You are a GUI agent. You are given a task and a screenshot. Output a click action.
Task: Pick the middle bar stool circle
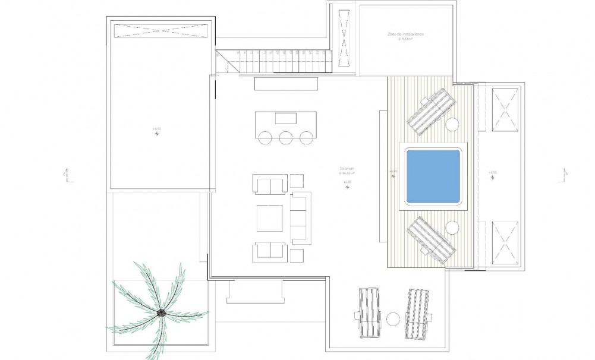click(x=285, y=138)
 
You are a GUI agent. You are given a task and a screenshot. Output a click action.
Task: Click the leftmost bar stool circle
click(x=265, y=138)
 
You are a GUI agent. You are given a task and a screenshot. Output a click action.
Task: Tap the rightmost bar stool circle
click(x=306, y=138)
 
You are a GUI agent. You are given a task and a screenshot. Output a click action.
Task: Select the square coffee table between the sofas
click(x=269, y=217)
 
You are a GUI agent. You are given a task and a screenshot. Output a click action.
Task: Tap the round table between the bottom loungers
click(x=392, y=319)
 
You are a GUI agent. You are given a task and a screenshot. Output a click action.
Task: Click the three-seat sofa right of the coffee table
click(x=301, y=217)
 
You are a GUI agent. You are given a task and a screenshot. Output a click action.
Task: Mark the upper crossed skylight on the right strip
click(x=506, y=109)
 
